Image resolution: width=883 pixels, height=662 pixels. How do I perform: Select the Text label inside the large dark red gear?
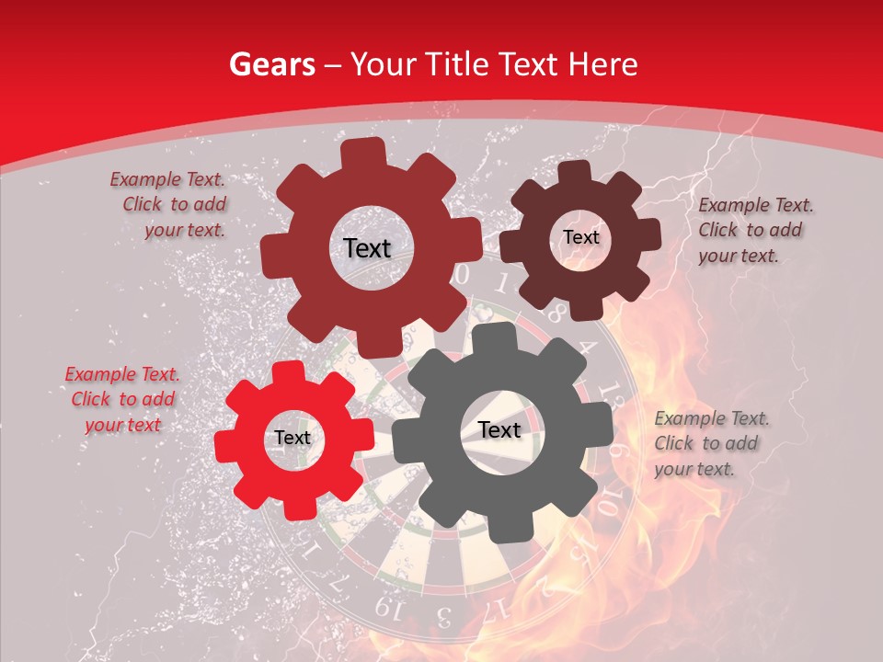[367, 248]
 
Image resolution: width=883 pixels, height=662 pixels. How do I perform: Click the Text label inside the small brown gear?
[580, 237]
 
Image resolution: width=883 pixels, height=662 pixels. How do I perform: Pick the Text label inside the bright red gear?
[292, 439]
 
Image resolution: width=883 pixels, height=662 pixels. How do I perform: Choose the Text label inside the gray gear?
[499, 430]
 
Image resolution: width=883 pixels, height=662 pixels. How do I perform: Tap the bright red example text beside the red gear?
[123, 399]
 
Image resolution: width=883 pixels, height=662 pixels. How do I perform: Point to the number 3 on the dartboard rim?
[443, 614]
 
